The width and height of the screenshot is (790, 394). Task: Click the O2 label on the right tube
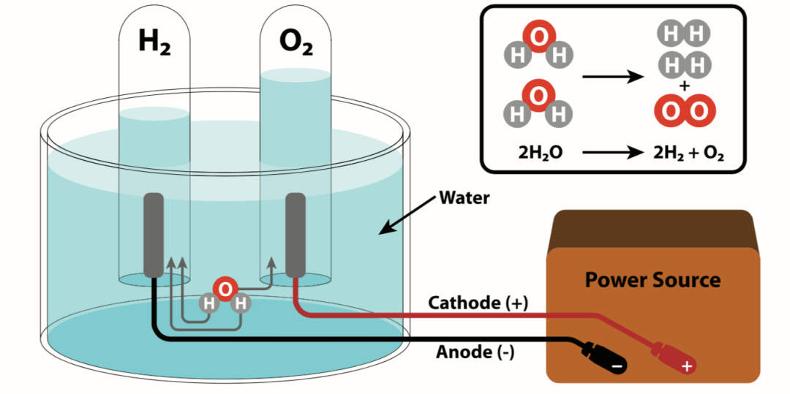click(296, 45)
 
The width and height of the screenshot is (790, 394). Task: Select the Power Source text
click(652, 279)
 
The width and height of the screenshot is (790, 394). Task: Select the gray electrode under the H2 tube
click(154, 235)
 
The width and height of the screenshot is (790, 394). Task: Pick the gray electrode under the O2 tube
click(295, 235)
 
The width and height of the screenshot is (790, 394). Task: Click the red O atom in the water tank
click(225, 289)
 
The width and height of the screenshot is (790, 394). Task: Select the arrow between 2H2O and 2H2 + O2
click(611, 154)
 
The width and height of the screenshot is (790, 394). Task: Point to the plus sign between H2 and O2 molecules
click(684, 86)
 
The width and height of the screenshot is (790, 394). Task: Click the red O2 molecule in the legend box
click(684, 112)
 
